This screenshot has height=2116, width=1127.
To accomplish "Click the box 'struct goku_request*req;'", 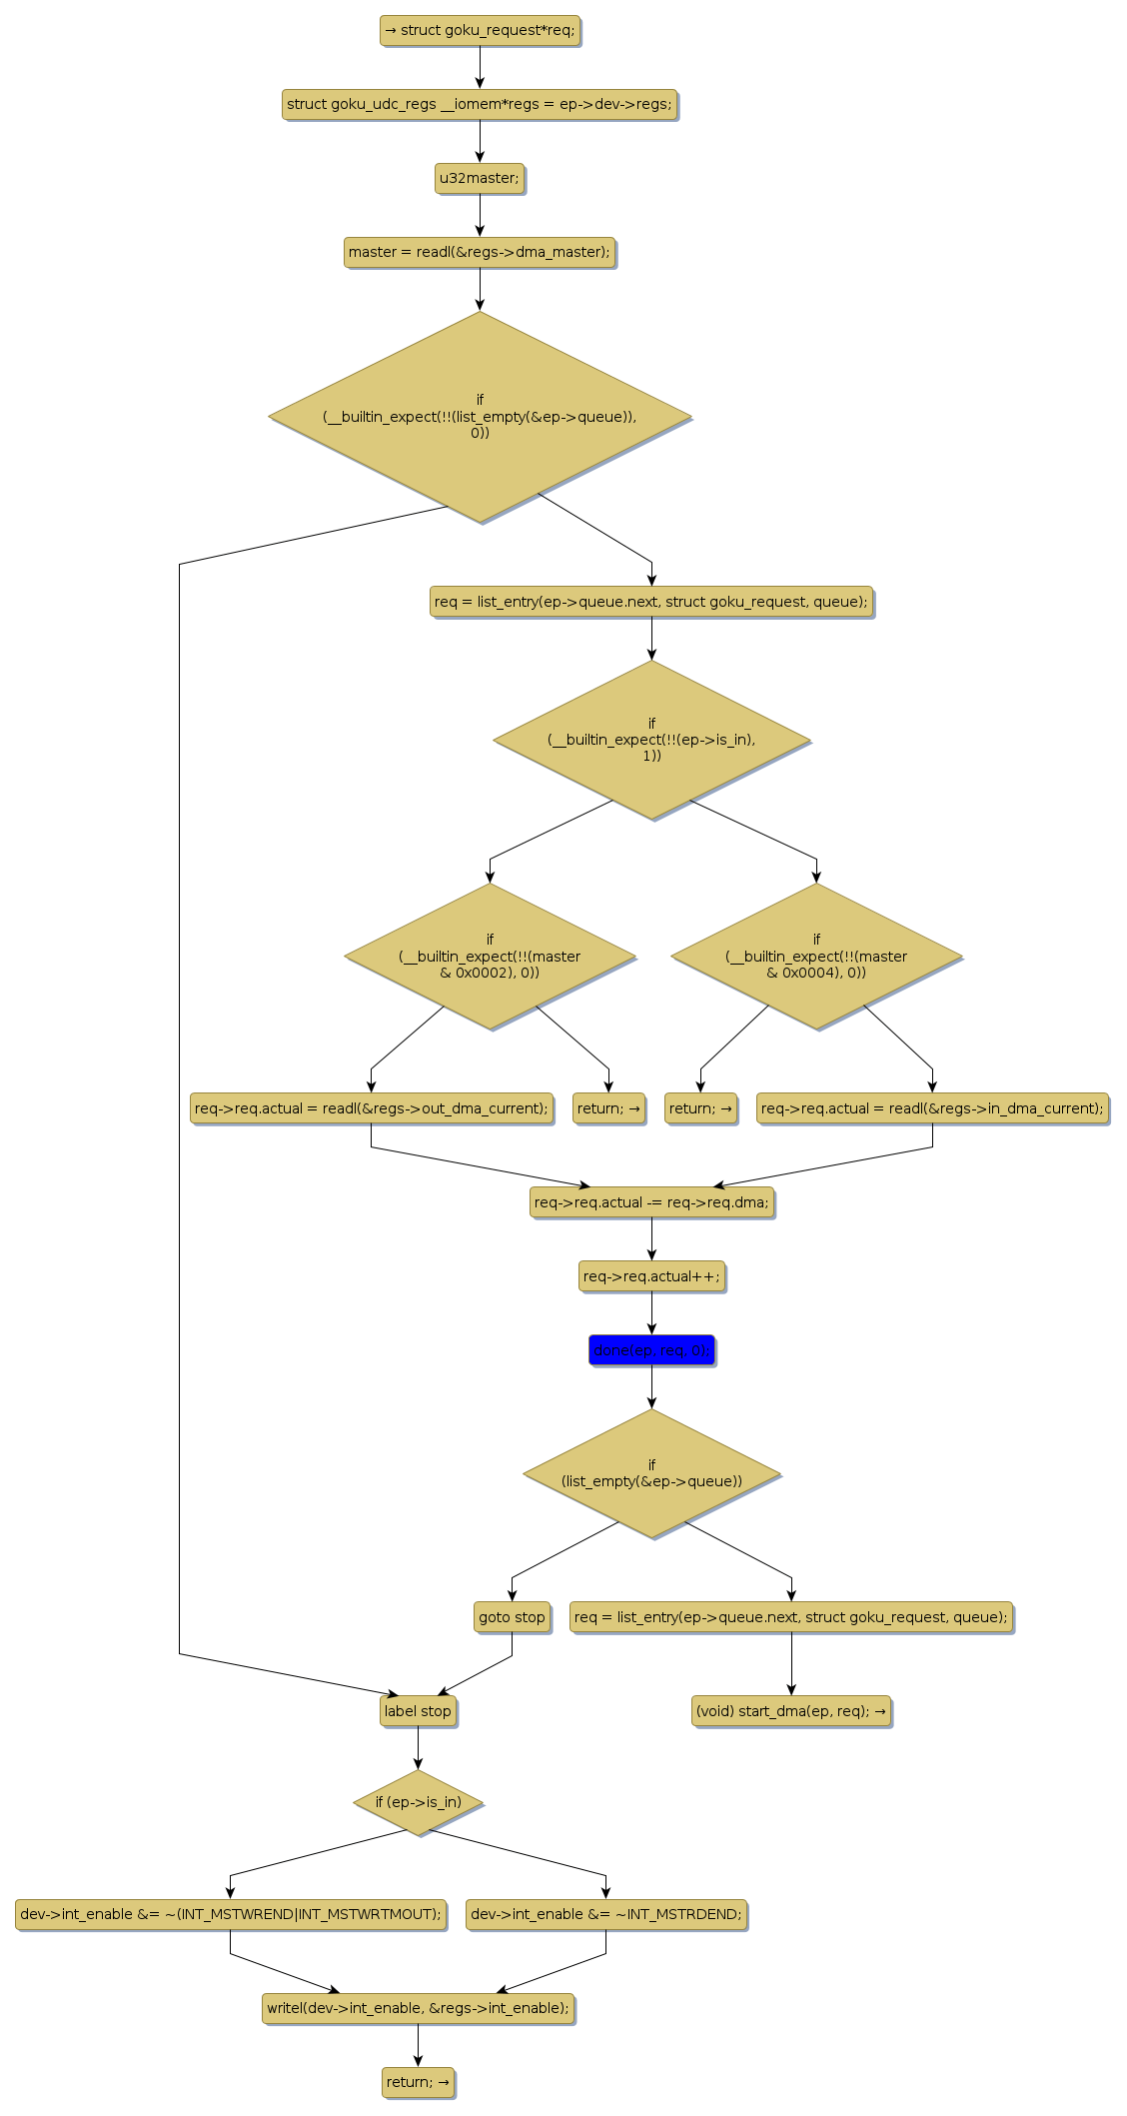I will click(x=480, y=30).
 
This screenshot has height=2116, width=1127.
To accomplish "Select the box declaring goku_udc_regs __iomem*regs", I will click(x=480, y=104).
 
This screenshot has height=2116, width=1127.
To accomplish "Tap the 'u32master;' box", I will click(x=480, y=178).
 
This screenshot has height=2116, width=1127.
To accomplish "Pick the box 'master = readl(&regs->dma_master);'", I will click(x=480, y=252).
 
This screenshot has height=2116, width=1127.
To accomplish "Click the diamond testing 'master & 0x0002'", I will click(x=490, y=957).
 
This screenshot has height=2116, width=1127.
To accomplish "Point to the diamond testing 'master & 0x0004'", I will click(x=816, y=957).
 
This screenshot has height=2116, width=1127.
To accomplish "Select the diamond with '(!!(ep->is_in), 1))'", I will click(x=651, y=740).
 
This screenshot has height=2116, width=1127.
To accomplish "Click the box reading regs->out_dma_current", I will click(x=371, y=1108).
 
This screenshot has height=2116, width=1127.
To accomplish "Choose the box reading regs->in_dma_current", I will click(x=932, y=1108).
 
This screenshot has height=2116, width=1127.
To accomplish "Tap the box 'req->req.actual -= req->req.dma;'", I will click(x=651, y=1202).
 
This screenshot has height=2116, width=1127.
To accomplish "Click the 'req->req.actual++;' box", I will click(x=651, y=1276).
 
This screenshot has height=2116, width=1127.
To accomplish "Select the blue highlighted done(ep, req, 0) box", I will click(x=651, y=1350).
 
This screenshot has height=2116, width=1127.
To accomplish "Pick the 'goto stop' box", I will click(x=512, y=1617).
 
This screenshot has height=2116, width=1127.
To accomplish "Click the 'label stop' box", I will click(x=418, y=1711).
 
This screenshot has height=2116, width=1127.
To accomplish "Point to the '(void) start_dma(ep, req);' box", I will click(x=791, y=1711).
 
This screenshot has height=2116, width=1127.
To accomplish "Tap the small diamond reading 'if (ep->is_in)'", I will click(x=418, y=1802).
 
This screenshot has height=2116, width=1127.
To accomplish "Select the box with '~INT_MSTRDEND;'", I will click(x=605, y=1914).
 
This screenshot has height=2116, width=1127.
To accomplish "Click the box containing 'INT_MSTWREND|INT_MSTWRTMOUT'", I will click(x=230, y=1914).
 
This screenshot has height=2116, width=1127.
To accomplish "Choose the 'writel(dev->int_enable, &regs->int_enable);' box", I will click(x=418, y=2008).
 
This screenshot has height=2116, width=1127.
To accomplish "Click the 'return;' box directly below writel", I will click(x=418, y=2082).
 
